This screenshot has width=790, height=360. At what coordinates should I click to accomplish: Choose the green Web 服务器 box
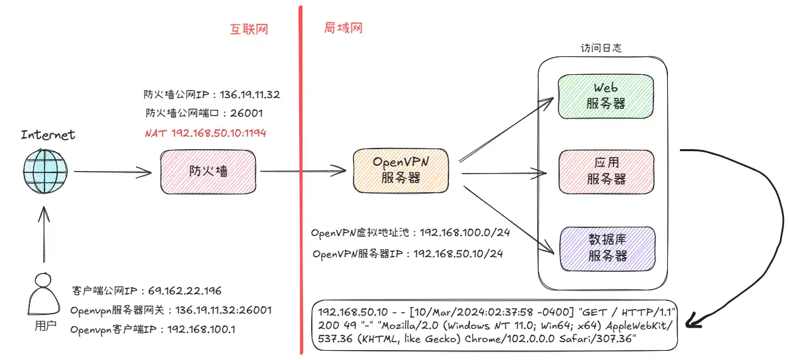click(606, 95)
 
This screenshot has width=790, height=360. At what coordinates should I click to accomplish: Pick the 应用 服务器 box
click(606, 170)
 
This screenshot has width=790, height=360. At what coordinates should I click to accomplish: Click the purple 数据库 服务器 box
click(607, 247)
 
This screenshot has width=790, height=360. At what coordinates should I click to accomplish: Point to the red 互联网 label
click(249, 29)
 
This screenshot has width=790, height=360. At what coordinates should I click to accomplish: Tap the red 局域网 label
click(343, 29)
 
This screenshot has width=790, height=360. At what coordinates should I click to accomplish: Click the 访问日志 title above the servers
click(602, 48)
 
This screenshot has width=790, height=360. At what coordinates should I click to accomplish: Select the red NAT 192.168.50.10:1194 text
click(205, 133)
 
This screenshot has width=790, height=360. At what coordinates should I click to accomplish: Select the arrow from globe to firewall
click(112, 173)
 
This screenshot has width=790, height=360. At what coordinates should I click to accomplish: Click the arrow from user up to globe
click(44, 235)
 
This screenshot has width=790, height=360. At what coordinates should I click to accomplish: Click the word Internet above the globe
click(48, 135)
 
